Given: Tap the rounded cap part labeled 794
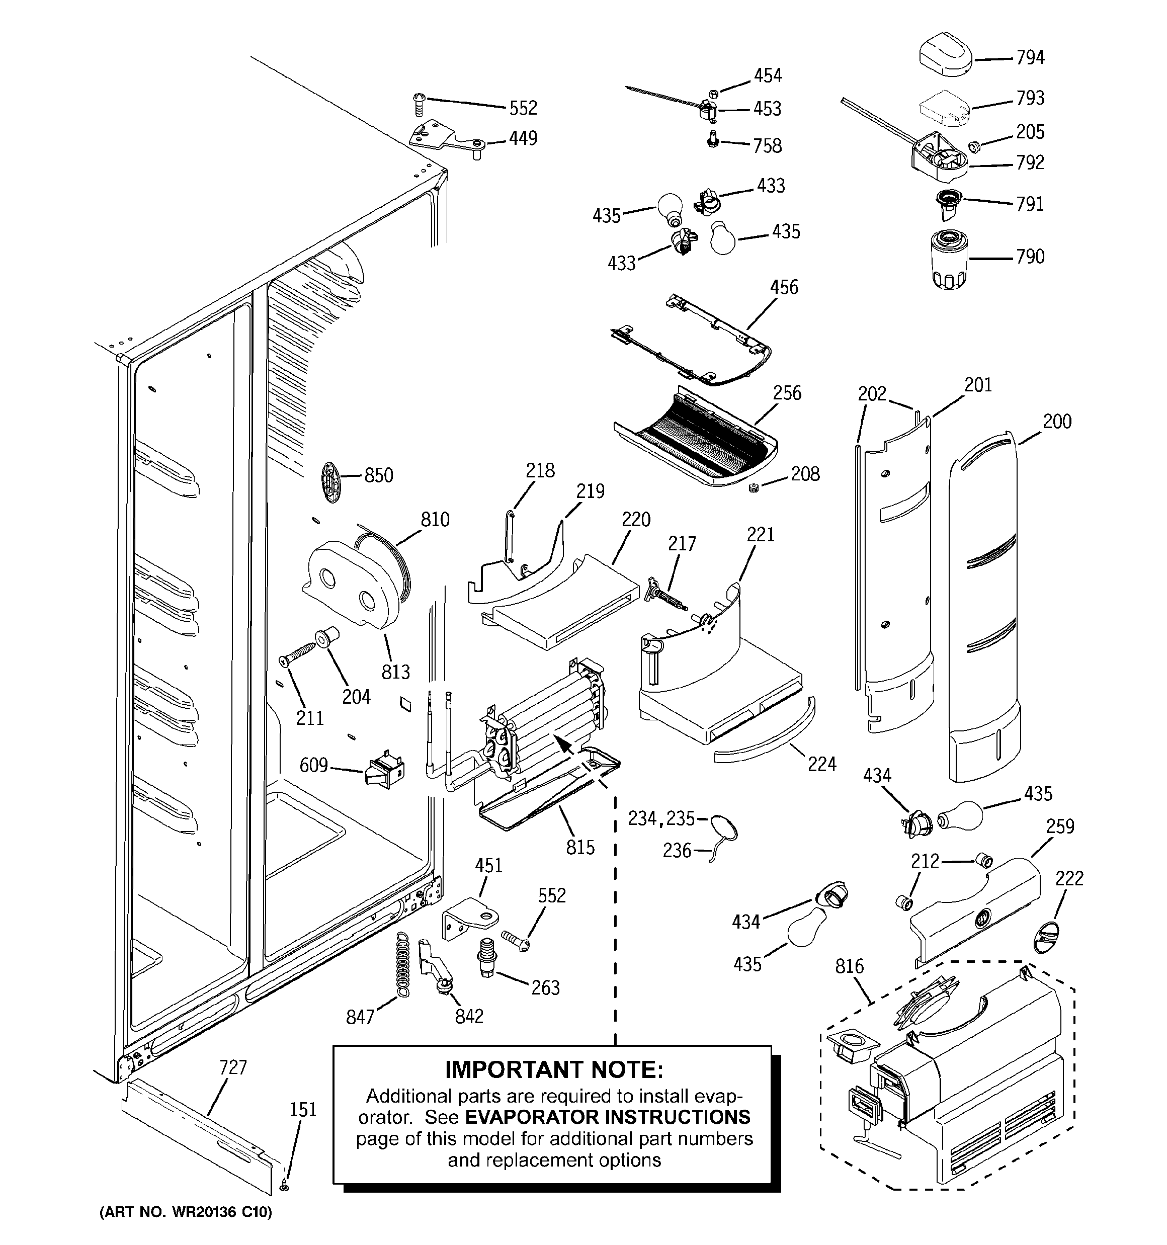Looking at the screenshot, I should pos(945,56).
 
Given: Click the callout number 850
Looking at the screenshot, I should pos(378,475).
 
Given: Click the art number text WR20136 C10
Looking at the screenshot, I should pos(213,1229).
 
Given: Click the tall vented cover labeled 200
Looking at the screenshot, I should pos(983,608).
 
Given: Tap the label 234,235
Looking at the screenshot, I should pos(661,818).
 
